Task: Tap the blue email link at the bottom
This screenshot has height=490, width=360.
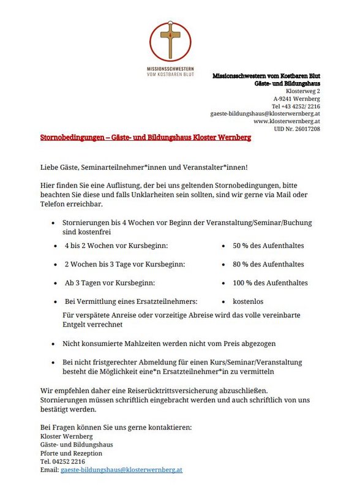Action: point(121,470)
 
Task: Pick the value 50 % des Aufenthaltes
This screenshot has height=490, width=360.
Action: point(268,246)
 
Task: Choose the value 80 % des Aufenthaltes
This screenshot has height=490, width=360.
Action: point(268,265)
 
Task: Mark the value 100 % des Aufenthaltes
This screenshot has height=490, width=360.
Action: point(270,283)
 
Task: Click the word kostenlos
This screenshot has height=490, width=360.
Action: point(248,302)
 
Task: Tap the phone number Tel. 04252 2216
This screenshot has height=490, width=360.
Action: point(62,461)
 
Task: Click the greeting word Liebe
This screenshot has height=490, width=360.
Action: point(50,167)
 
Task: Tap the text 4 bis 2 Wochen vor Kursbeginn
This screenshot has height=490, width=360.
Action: point(116,246)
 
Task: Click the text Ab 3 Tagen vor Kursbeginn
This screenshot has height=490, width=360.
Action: point(110,283)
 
